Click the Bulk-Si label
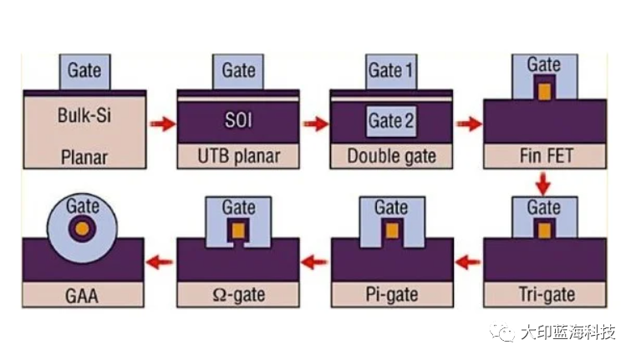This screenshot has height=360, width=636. (x=84, y=114)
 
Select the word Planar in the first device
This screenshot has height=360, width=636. (x=84, y=155)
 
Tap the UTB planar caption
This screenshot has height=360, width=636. (x=238, y=155)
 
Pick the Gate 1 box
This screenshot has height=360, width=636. (x=391, y=71)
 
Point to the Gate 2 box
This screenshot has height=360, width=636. (x=391, y=120)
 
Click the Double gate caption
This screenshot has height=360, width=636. (x=391, y=155)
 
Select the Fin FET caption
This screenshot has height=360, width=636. (x=545, y=155)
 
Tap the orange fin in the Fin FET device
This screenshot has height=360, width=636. (x=545, y=91)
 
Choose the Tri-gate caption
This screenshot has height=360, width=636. (x=545, y=294)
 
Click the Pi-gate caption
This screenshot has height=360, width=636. (x=391, y=294)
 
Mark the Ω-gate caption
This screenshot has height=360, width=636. (x=238, y=294)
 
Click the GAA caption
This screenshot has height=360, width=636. (x=83, y=294)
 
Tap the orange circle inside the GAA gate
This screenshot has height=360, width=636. (x=82, y=227)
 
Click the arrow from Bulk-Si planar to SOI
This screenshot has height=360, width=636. (x=162, y=124)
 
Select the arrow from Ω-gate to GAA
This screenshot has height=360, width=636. (x=160, y=261)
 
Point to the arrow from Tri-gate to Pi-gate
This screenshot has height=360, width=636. (x=469, y=261)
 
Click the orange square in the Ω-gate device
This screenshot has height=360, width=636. (x=238, y=229)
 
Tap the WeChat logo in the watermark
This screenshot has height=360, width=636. (x=505, y=333)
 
